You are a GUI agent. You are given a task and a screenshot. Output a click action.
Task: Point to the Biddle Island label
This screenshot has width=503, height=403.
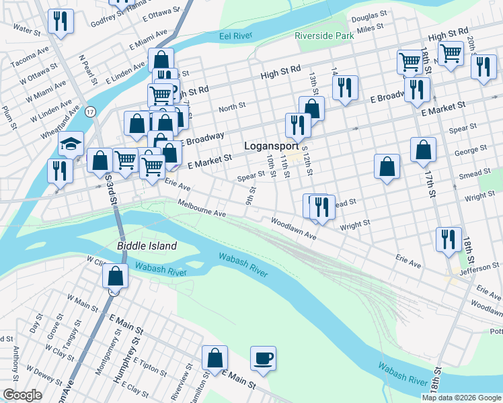pos(147,246)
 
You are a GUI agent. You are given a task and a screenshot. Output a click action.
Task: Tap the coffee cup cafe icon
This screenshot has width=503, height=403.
pos(264,358)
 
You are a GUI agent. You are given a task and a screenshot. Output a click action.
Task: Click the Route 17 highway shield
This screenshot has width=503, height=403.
pos(91,111)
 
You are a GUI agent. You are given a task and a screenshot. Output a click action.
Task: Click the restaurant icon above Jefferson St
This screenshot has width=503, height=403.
pos(448,240)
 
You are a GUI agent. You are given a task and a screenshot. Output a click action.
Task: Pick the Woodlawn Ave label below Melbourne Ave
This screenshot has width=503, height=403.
pos(293,228)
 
